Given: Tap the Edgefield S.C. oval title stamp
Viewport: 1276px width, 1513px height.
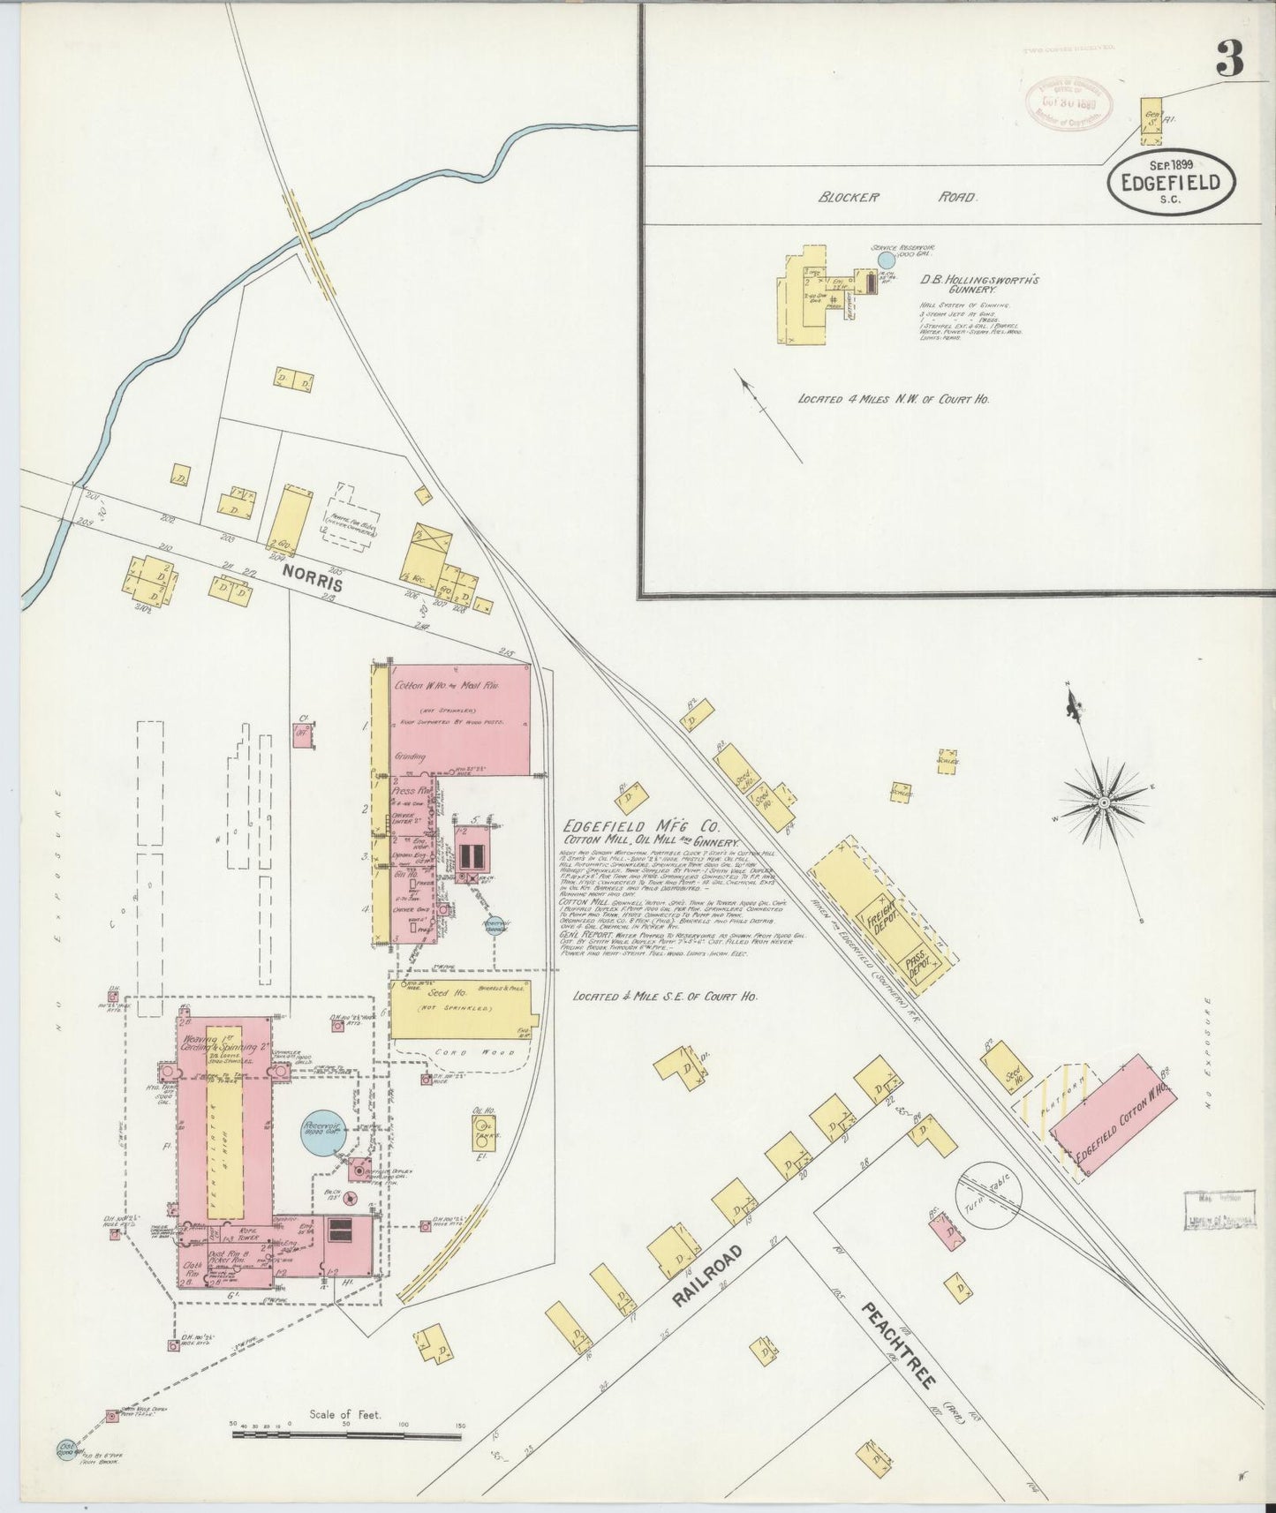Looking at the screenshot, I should [1171, 182].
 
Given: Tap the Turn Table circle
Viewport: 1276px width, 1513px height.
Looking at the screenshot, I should [989, 1195].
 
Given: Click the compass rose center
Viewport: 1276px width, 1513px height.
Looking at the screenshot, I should [1104, 802].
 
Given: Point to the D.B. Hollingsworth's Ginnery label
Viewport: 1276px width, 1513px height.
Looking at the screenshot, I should [978, 283].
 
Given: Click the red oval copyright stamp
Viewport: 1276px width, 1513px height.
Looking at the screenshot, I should [1068, 102].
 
